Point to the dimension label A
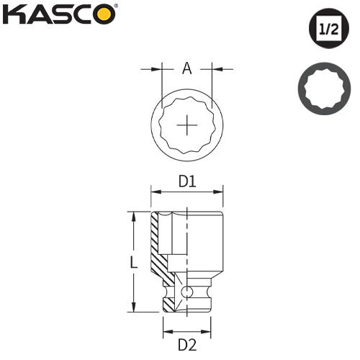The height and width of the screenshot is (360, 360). (x=186, y=69)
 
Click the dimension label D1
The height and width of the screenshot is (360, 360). (x=187, y=183)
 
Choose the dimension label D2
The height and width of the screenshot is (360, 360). (x=187, y=344)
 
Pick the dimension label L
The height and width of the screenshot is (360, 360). (x=133, y=264)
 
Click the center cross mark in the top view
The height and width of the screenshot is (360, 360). (x=187, y=126)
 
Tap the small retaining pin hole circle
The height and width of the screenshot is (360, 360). (x=186, y=292)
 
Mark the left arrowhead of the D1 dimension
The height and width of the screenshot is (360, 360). (x=154, y=192)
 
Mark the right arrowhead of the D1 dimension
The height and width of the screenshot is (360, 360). (x=221, y=192)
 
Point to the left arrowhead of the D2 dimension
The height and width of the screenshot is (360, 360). (x=166, y=332)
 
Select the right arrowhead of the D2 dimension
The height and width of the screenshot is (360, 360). (x=211, y=332)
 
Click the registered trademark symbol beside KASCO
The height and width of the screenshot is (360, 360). (x=117, y=8)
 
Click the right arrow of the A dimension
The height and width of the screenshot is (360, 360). (x=216, y=69)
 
